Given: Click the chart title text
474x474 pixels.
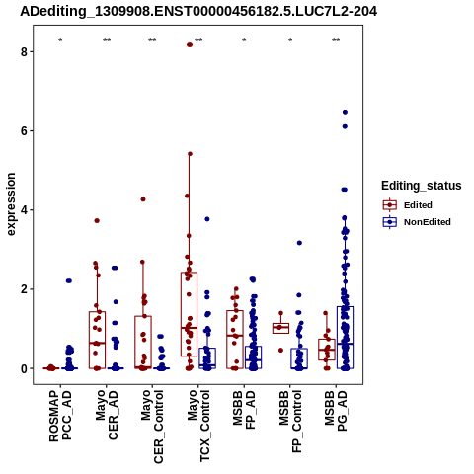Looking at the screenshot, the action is coord(198,12).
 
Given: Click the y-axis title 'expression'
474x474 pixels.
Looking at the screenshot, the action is coord(11,204).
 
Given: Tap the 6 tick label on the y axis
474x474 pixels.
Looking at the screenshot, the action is coord(24,130).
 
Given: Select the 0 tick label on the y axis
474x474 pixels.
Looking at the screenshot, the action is coord(24,368).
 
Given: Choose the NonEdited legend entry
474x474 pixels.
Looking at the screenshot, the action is coord(417,222).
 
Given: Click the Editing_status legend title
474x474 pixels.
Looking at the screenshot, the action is coord(422,186).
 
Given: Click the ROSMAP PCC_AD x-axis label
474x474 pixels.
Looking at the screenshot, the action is coord(60,416).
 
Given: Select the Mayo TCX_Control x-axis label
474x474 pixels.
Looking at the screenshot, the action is coord(198,426).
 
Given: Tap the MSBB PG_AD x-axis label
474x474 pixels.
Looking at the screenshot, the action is coord(336,411).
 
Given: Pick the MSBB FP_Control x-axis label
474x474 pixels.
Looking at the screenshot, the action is coord(290,422).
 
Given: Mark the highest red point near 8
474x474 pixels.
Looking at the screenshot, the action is coord(190,45).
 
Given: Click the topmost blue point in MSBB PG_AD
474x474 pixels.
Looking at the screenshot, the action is coord(345,112).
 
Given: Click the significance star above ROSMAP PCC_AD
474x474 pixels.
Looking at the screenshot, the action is coord(60,40).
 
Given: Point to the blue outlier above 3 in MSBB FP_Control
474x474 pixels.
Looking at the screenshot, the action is coord(299,243).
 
